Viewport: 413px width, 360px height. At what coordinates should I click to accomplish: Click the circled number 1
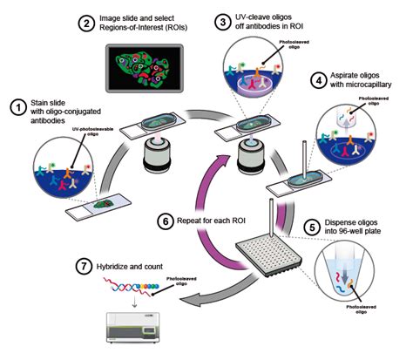click(x=16, y=108)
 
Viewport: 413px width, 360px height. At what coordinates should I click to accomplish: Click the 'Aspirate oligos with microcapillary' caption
click(x=366, y=84)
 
